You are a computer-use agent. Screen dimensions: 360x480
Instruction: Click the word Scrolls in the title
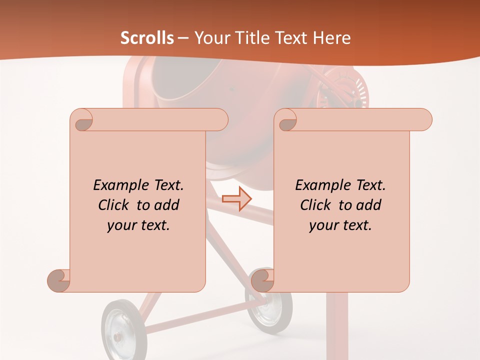tap(147, 38)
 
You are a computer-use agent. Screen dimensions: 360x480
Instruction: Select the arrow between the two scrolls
tap(236, 199)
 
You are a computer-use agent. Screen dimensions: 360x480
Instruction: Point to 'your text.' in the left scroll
tap(138, 225)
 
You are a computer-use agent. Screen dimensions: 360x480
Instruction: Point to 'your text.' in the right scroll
tap(340, 225)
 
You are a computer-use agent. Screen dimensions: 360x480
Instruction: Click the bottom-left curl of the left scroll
tap(58, 280)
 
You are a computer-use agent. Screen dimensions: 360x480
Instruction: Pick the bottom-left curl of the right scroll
tap(262, 280)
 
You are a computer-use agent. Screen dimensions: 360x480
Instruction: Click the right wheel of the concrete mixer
tap(269, 308)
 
